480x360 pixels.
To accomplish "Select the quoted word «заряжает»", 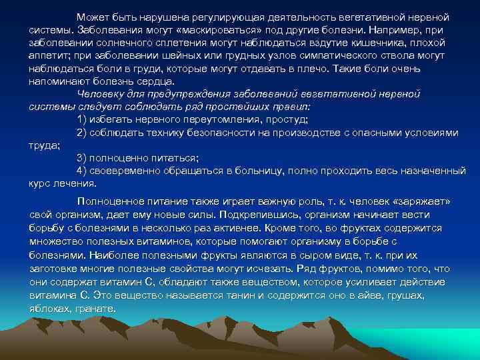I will click(418, 201).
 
